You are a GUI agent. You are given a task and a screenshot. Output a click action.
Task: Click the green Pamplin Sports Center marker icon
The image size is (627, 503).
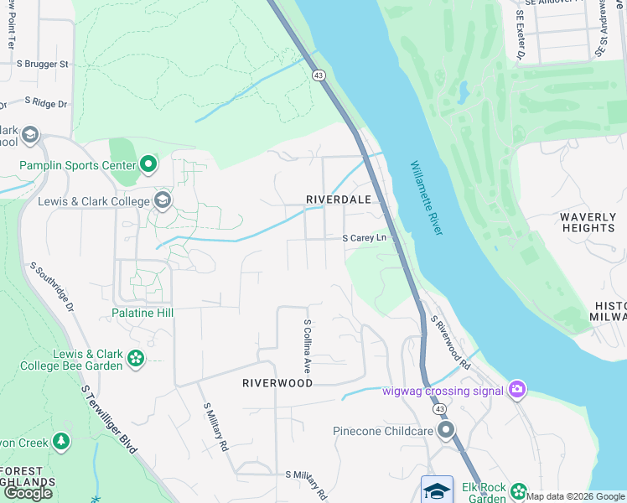[148, 164]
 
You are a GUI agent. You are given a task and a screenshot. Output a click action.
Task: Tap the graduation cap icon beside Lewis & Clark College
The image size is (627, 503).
[163, 200]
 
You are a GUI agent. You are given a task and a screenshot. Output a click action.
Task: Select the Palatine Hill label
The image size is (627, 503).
[142, 313]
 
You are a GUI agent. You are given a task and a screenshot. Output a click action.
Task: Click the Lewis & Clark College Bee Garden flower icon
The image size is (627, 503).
[136, 360]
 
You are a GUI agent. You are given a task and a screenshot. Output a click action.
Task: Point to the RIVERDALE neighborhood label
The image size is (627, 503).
[339, 199]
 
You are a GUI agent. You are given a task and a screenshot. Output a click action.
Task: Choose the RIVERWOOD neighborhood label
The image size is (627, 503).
[277, 382]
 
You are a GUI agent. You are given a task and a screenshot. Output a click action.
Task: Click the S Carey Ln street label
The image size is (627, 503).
[368, 238]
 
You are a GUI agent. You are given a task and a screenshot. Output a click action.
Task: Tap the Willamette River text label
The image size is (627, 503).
[426, 198]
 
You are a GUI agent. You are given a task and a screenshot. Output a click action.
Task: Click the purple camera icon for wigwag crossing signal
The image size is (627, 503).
[517, 390]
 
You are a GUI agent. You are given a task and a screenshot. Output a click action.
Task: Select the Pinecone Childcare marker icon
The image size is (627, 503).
[446, 431]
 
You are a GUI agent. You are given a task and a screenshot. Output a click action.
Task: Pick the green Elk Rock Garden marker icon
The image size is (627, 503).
[519, 490]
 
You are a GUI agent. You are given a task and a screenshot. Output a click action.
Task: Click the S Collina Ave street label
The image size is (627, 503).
[308, 345]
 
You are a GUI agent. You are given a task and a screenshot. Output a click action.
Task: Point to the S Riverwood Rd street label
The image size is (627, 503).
[450, 342]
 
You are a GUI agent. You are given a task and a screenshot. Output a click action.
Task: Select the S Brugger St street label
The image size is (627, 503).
[41, 64]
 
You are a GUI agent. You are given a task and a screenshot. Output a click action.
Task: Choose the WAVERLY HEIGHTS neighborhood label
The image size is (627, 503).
[588, 222]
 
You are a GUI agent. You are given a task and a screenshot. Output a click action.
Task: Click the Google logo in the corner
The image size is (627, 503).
[28, 492]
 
